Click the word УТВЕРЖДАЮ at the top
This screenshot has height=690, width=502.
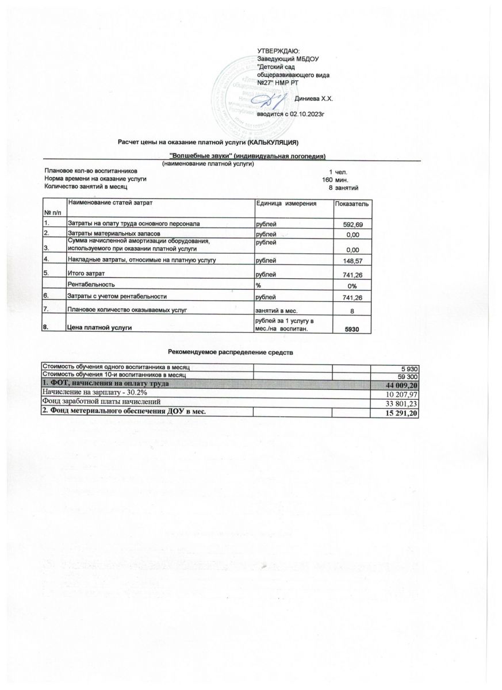pos(275,52)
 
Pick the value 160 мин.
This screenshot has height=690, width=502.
pos(334,179)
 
